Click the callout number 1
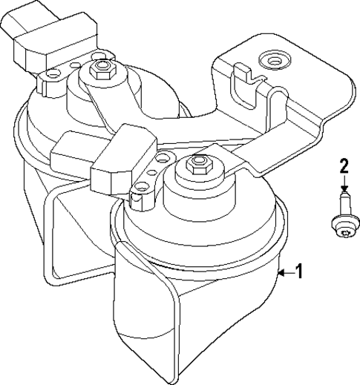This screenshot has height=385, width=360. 299,272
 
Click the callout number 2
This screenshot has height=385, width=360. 344,165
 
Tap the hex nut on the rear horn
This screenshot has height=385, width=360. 99,71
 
